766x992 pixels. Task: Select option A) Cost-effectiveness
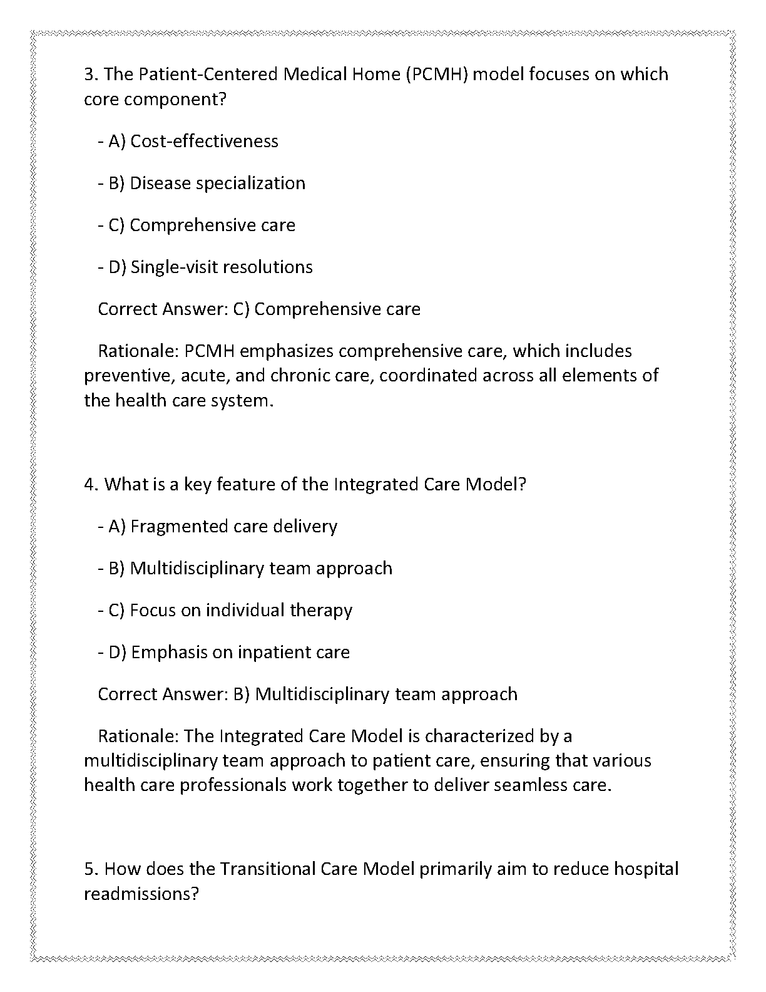point(193,142)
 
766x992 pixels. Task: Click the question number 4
point(91,485)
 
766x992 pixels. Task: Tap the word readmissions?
point(141,894)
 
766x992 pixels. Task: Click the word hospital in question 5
point(646,869)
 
